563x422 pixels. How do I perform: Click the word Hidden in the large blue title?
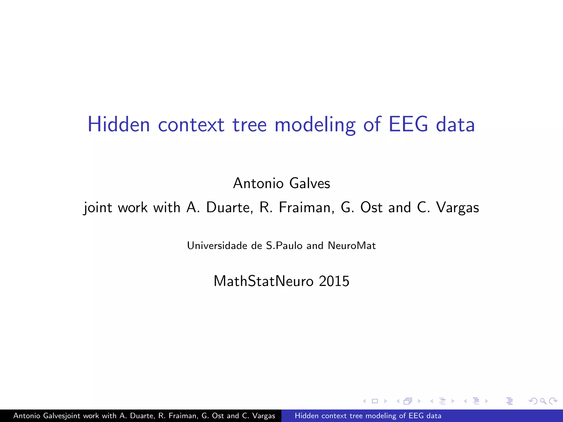118,124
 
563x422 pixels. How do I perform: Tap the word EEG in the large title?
408,124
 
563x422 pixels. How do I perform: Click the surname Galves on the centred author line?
310,183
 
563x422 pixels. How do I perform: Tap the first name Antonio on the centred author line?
258,183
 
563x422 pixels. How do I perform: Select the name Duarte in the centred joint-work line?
229,207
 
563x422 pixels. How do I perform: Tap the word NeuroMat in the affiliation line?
352,246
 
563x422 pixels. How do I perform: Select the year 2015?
334,281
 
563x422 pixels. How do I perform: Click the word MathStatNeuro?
263,281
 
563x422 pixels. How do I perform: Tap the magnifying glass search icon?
543,401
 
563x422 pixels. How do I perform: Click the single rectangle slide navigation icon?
375,401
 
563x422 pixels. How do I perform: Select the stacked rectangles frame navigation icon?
408,401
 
